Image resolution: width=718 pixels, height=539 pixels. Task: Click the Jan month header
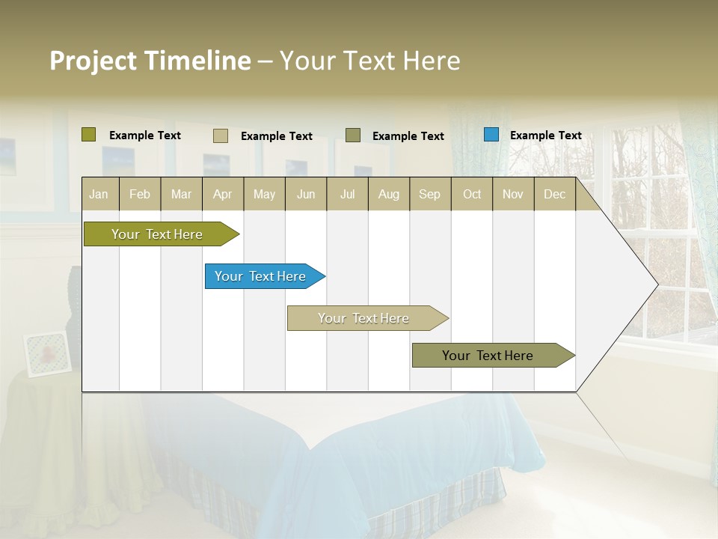click(x=99, y=194)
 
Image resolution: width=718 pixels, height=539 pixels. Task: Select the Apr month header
click(x=222, y=194)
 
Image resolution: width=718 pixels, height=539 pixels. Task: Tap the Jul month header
click(x=347, y=194)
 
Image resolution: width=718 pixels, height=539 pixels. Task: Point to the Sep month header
click(x=429, y=194)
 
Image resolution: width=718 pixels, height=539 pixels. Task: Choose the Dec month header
click(x=554, y=194)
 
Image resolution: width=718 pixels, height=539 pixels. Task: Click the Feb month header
click(x=140, y=194)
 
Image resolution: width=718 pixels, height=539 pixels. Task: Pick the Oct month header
click(x=472, y=194)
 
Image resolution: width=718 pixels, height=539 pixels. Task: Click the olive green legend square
click(x=89, y=135)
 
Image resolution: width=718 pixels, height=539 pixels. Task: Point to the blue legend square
click(x=491, y=135)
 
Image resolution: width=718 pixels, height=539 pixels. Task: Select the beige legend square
click(x=220, y=135)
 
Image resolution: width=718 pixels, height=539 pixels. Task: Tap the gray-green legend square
click(x=353, y=135)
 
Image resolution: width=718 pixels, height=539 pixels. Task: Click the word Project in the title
click(x=93, y=61)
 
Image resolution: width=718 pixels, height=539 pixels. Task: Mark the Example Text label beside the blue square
click(x=545, y=135)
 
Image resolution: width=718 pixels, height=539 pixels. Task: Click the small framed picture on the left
click(x=48, y=353)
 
